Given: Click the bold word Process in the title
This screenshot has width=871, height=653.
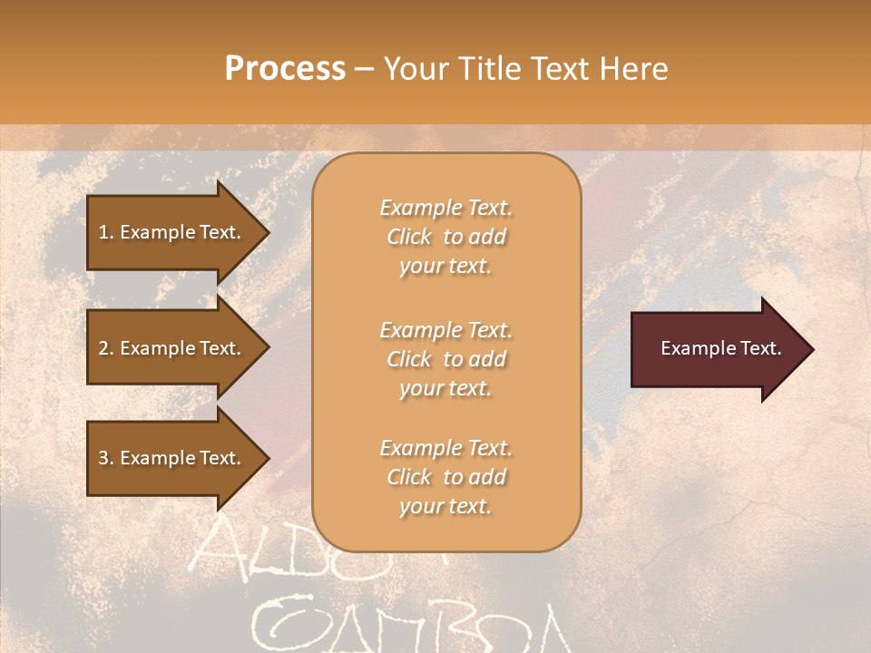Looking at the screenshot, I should [285, 69].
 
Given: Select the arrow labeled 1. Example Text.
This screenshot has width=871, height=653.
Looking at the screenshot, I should [172, 232].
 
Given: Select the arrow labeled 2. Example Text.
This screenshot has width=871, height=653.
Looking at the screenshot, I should [172, 348].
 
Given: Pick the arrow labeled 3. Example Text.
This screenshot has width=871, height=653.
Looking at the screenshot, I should [172, 458].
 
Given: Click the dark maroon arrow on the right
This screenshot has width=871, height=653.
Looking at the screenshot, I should [717, 349].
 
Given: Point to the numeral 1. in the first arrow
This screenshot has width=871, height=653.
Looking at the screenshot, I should [106, 232].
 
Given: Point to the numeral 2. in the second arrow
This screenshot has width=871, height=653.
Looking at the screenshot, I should [106, 348].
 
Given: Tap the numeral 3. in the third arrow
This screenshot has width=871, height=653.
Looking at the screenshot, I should [106, 458].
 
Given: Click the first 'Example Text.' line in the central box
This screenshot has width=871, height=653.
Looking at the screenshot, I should [445, 208].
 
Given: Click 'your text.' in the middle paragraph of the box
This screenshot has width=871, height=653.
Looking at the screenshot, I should [445, 388].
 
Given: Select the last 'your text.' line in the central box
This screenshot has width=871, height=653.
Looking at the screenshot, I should [445, 506].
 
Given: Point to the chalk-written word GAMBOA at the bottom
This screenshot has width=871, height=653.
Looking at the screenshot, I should [408, 626].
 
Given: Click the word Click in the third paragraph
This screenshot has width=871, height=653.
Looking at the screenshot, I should [409, 477].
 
